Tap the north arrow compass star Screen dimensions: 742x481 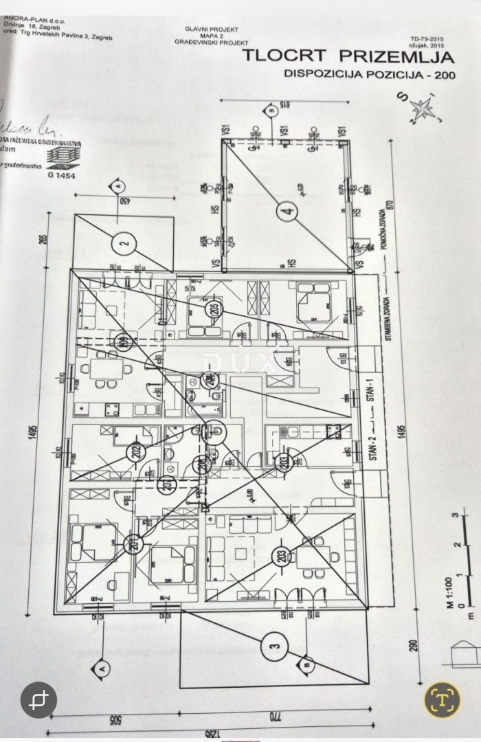pyautogui.click(x=422, y=108)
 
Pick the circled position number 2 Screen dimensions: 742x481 pyautogui.click(x=124, y=242)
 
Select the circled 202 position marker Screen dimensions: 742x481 pyautogui.click(x=135, y=452)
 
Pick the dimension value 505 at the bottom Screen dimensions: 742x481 pyautogui.click(x=118, y=719)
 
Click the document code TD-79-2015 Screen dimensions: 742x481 pyautogui.click(x=425, y=40)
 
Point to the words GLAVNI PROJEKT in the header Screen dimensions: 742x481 pyautogui.click(x=211, y=29)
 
